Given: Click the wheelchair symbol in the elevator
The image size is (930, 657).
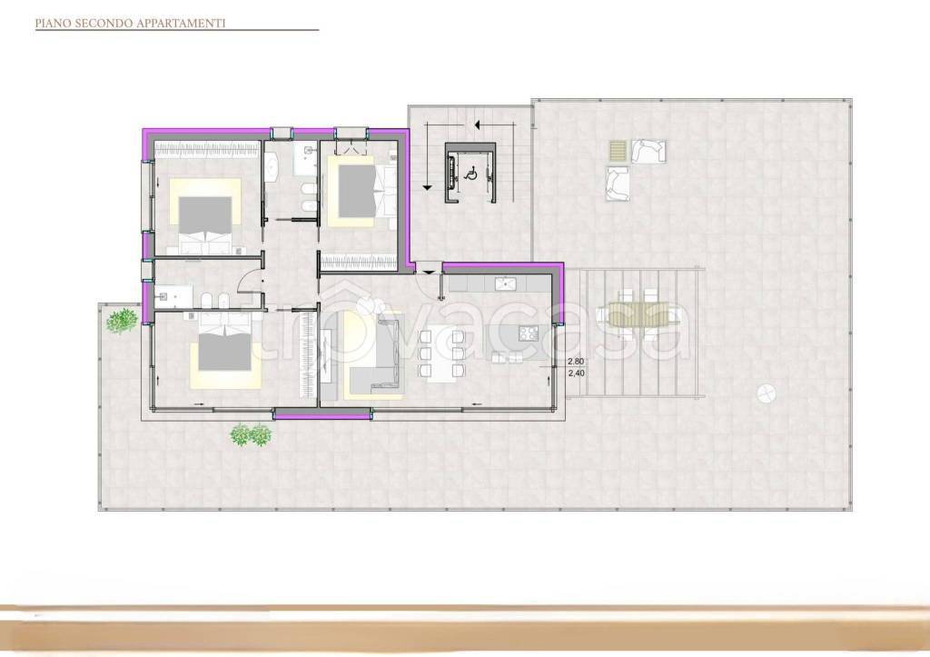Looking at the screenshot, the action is pos(472,174).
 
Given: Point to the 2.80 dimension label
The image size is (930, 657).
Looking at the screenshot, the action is pos(576,362).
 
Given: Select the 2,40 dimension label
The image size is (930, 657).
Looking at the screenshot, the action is pos(576,373).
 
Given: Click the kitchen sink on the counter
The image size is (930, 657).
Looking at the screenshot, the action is pos(505,284).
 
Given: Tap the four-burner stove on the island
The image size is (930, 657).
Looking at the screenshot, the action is pos(528,333).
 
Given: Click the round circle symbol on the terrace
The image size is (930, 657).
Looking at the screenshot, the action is pos(766,393).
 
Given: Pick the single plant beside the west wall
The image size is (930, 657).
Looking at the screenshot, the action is pos(123,321).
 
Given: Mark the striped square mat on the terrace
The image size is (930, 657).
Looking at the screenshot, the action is pos(618,151).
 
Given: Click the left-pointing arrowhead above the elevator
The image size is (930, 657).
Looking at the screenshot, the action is pos(476,124).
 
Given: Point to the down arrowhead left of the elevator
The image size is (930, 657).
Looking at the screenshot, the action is pos(427,187).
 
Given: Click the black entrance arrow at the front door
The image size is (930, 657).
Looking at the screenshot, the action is pos(428,273).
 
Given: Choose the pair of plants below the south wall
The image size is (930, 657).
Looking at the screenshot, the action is pos(251,435).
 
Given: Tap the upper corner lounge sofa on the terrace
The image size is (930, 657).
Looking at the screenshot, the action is pos(648,151).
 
